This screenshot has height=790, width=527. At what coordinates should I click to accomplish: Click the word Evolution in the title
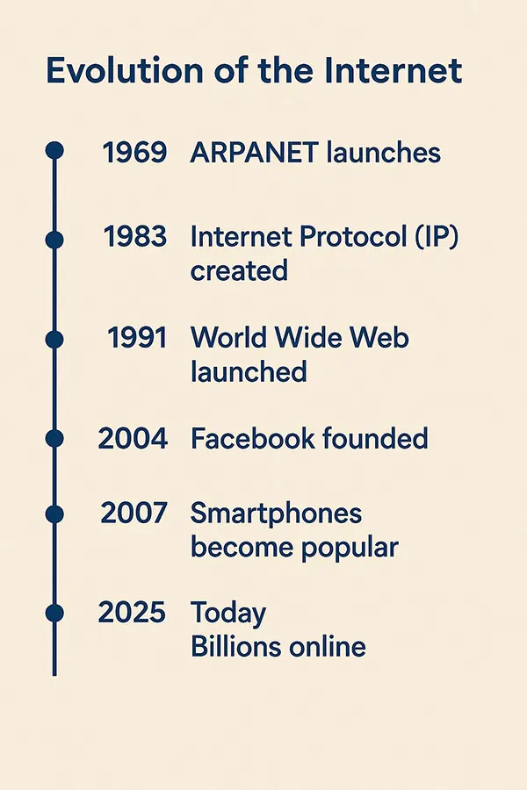coord(125,70)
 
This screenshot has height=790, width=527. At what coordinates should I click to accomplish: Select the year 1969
coord(134,152)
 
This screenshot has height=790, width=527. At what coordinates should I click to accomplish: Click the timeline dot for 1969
coord(54,150)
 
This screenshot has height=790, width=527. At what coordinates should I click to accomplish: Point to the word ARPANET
coord(254,152)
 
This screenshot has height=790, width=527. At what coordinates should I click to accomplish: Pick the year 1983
coord(135,236)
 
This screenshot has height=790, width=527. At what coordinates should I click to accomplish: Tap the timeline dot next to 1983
coord(54,240)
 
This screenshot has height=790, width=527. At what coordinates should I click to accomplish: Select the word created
coord(239,270)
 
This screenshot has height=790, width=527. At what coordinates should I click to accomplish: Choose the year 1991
coord(137,338)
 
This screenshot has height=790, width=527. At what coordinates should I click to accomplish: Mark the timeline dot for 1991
coord(54,340)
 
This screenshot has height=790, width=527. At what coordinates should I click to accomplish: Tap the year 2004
coord(133,438)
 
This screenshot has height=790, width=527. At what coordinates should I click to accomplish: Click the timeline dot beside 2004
coord(54,439)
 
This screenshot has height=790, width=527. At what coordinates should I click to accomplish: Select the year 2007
coord(134,513)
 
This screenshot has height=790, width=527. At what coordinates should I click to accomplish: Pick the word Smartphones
coord(276,513)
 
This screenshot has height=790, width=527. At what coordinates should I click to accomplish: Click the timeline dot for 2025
coord(54,614)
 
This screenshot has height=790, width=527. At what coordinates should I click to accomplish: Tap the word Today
coord(228,614)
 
